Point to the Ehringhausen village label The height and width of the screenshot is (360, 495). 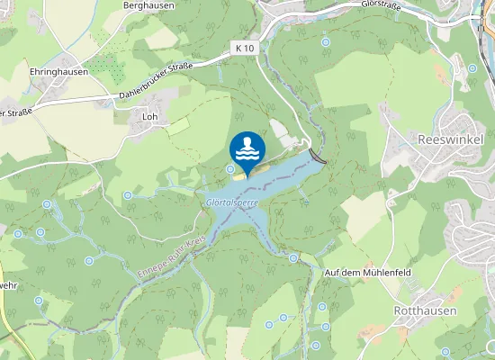(x=58, y=72)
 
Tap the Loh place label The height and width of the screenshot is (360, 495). (x=149, y=116)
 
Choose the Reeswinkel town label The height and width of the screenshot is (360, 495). (x=451, y=140)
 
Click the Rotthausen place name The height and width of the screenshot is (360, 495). (x=425, y=310)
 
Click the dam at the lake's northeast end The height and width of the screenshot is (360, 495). (x=317, y=155)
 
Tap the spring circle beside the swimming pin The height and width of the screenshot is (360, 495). (x=231, y=169)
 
